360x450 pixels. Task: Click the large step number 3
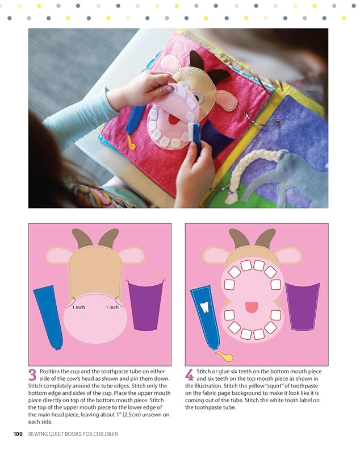coord(32,375)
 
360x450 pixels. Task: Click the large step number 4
coord(190,375)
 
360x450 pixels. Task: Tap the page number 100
coord(18,435)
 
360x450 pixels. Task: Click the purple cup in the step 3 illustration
coord(146,305)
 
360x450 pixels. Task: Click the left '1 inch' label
coord(79,307)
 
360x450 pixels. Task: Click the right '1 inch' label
coord(112,307)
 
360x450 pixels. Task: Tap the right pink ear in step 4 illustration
coord(288,255)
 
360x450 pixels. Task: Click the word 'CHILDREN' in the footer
coord(104,435)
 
